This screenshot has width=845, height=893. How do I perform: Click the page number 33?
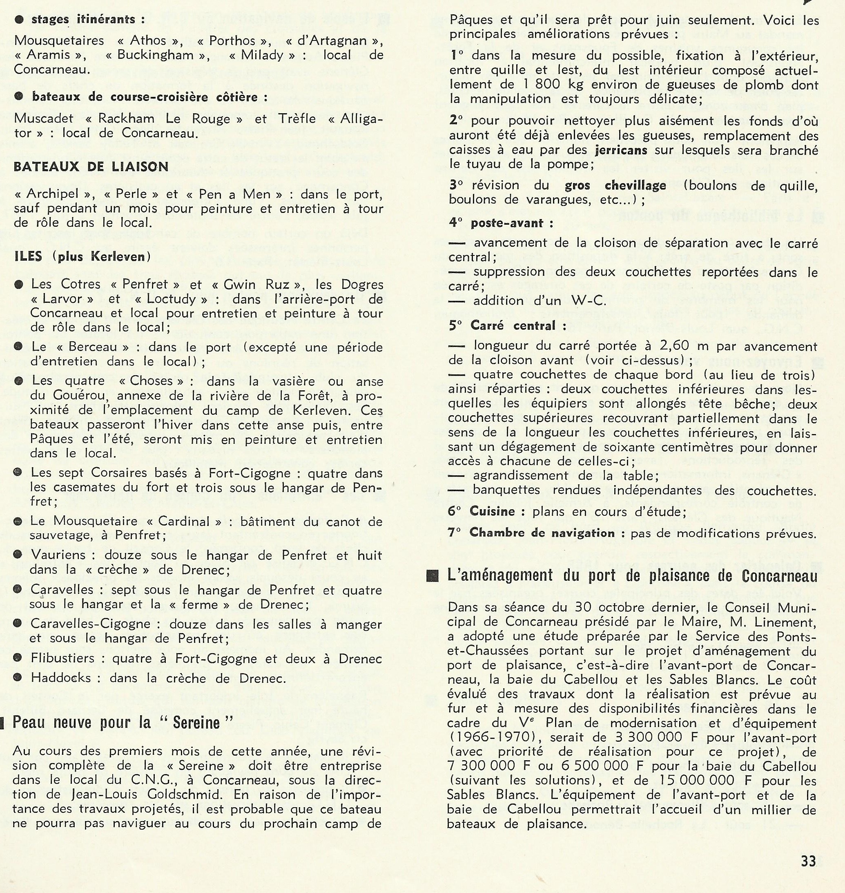[809, 861]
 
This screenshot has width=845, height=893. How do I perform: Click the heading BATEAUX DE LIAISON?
[91, 167]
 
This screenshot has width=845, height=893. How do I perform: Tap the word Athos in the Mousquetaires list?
[148, 40]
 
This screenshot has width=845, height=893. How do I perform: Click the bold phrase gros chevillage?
[615, 185]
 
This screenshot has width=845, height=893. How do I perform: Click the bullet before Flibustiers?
[18, 658]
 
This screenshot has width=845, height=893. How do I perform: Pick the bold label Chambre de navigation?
[542, 533]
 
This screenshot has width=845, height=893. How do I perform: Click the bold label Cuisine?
[492, 511]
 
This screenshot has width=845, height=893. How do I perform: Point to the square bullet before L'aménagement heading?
[433, 577]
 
